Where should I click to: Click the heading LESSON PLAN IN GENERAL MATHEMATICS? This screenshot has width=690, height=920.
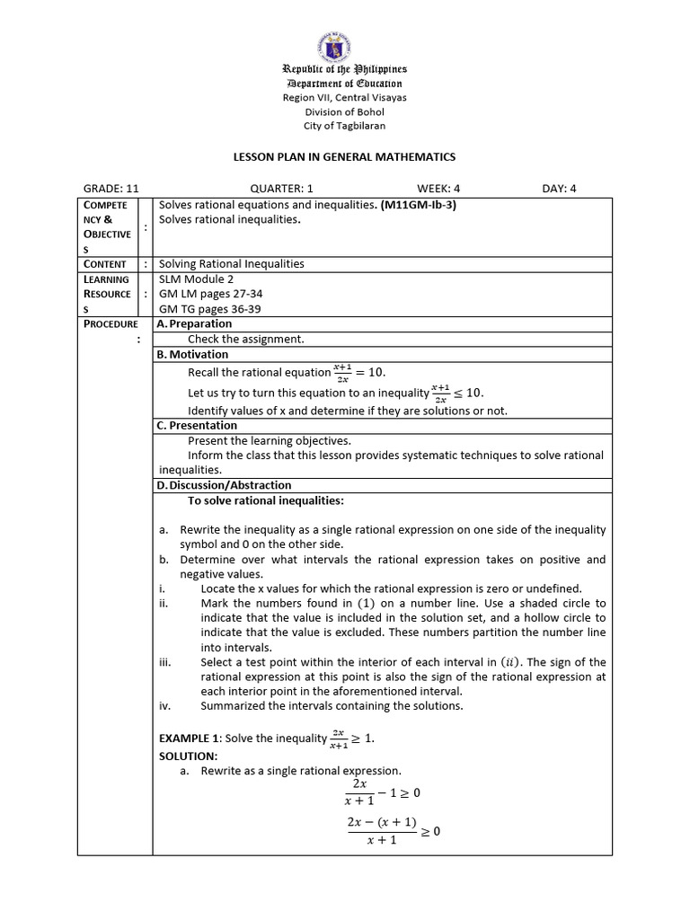click(x=345, y=157)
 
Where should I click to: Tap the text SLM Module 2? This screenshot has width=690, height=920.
click(x=196, y=279)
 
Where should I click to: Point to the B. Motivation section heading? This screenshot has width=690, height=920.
click(x=191, y=354)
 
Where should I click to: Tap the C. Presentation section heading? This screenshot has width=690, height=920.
click(x=197, y=425)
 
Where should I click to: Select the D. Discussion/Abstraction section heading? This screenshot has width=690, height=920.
click(x=224, y=485)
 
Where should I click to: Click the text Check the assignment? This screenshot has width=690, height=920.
click(x=245, y=339)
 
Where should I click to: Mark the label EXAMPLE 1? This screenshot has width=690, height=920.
click(x=190, y=738)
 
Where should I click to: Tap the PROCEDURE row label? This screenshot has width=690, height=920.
click(x=111, y=323)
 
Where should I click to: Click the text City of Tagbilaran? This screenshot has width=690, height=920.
click(x=345, y=126)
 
